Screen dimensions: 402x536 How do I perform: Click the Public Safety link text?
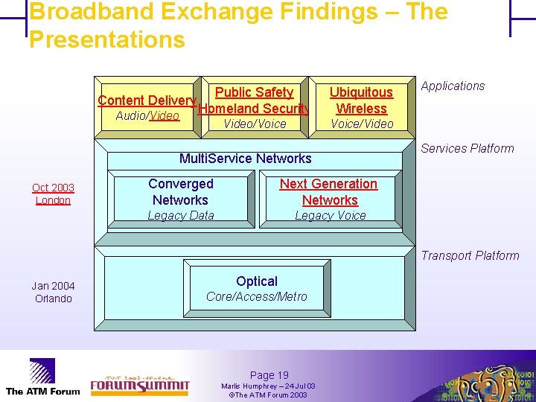[x=254, y=92]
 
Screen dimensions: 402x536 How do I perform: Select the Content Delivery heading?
[x=147, y=100]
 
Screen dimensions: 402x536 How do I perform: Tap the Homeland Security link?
[x=254, y=109]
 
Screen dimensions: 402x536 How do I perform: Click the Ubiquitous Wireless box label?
[x=361, y=100]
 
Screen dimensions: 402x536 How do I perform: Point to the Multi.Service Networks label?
[x=246, y=158]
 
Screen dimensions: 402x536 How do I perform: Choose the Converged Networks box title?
[x=180, y=191]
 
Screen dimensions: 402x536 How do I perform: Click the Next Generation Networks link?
[x=328, y=191]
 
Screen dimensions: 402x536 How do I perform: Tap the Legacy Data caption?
[x=180, y=215]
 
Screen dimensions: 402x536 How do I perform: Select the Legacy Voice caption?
[x=330, y=215]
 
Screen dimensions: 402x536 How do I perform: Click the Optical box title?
[x=256, y=281]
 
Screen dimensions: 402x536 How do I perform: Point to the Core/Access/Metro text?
[x=256, y=296]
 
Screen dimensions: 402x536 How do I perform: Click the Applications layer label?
[x=453, y=86]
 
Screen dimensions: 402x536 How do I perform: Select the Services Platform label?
[x=468, y=148]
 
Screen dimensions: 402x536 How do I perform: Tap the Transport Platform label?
[x=470, y=255]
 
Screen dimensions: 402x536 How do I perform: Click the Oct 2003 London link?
[x=53, y=194]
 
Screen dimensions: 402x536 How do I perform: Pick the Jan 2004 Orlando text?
[x=53, y=292]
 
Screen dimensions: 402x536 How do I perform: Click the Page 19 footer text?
[x=269, y=375]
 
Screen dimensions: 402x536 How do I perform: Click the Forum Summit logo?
[x=140, y=380]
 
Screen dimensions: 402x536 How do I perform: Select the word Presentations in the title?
[x=106, y=39]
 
